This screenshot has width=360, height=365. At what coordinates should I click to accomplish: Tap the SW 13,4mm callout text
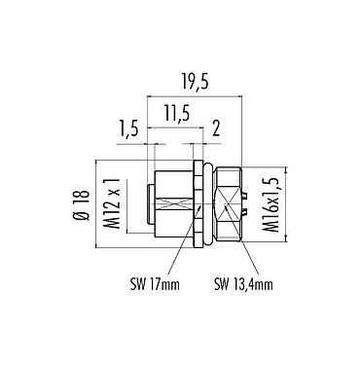[242, 284]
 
